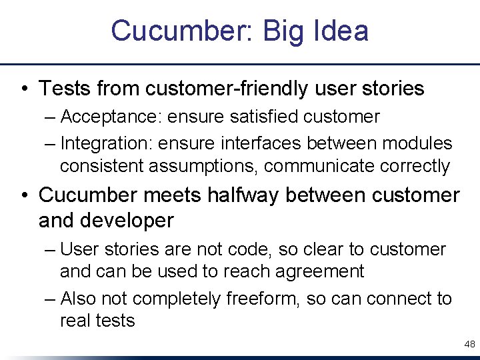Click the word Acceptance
tap(109, 117)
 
